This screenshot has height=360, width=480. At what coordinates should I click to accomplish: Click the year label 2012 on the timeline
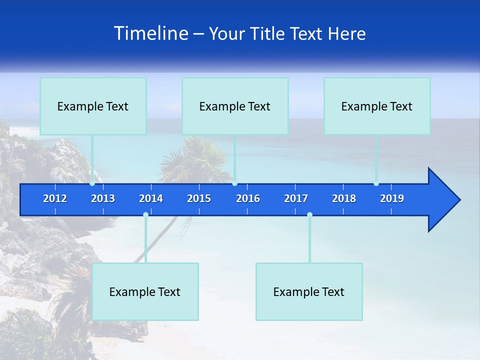pyautogui.click(x=55, y=198)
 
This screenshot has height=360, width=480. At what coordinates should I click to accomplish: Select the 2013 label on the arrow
pyautogui.click(x=103, y=198)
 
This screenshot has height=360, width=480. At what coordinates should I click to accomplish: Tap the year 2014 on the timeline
pyautogui.click(x=151, y=198)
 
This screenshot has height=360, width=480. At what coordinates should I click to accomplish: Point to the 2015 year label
pyautogui.click(x=199, y=198)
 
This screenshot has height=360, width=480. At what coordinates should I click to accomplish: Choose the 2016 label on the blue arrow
pyautogui.click(x=248, y=198)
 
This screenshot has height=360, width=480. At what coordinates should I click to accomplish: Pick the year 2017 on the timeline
pyautogui.click(x=296, y=198)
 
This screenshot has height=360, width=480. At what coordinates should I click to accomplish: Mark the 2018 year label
pyautogui.click(x=344, y=198)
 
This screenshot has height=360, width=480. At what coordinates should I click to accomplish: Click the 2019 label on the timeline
pyautogui.click(x=392, y=198)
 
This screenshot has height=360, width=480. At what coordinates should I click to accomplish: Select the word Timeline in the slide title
pyautogui.click(x=151, y=33)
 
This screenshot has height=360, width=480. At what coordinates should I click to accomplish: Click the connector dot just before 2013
pyautogui.click(x=92, y=183)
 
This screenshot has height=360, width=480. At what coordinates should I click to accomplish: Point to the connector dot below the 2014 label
pyautogui.click(x=145, y=214)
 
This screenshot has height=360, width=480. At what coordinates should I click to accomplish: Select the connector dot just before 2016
pyautogui.click(x=234, y=183)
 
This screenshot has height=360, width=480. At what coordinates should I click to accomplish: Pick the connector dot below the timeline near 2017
pyautogui.click(x=309, y=214)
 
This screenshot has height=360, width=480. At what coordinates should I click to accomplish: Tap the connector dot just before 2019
pyautogui.click(x=376, y=183)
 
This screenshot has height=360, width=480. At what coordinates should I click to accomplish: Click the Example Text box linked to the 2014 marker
pyautogui.click(x=145, y=291)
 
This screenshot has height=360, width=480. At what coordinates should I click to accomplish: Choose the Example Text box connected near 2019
pyautogui.click(x=377, y=106)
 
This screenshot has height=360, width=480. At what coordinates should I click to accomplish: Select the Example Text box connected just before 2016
pyautogui.click(x=235, y=106)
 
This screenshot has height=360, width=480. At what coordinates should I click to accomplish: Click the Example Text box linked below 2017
pyautogui.click(x=309, y=291)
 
